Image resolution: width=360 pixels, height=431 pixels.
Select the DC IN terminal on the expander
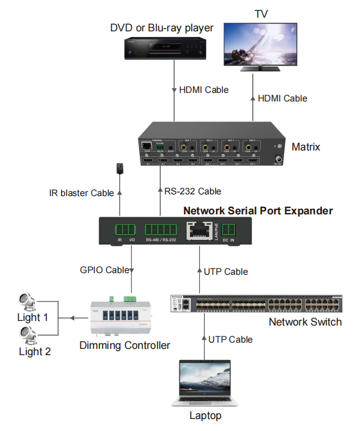tap(229, 231)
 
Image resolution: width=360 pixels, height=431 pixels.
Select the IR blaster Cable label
tap(82, 193)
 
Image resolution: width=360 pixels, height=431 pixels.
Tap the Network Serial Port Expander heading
tap(257, 211)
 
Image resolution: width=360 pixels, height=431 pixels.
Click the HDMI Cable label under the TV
tap(282, 98)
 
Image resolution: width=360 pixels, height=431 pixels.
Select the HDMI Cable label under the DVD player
tap(204, 90)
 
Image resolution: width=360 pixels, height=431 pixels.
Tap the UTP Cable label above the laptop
tap(230, 339)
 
